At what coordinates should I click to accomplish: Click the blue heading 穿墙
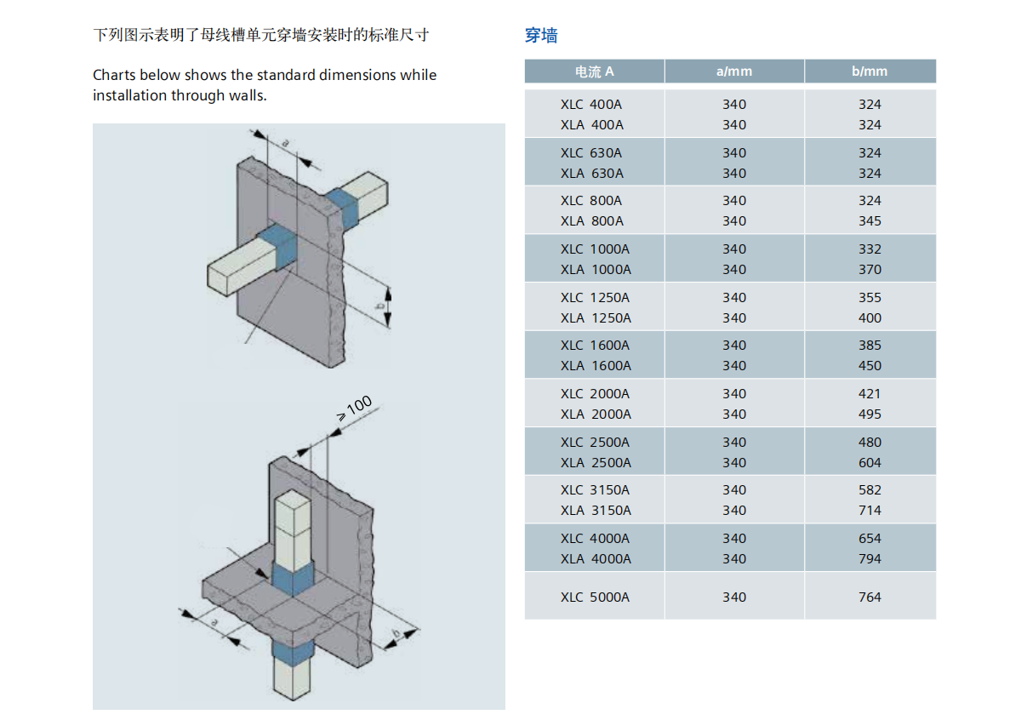pyautogui.click(x=541, y=36)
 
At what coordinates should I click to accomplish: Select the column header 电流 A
pyautogui.click(x=594, y=71)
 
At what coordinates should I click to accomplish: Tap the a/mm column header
pyautogui.click(x=734, y=71)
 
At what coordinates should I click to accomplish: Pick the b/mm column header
pyautogui.click(x=870, y=71)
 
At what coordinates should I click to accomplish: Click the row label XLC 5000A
pyautogui.click(x=595, y=597)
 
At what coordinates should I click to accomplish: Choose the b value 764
pyautogui.click(x=870, y=597)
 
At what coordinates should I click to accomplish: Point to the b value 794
pyautogui.click(x=870, y=559)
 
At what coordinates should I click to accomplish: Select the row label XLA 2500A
pyautogui.click(x=596, y=463)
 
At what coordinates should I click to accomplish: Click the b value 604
pyautogui.click(x=870, y=463)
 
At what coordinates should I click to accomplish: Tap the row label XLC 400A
pyautogui.click(x=591, y=105)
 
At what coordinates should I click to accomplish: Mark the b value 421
pyautogui.click(x=870, y=394)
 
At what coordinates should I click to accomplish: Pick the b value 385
pyautogui.click(x=870, y=346)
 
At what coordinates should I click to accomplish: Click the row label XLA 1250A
pyautogui.click(x=596, y=318)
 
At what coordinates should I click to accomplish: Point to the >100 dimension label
pyautogui.click(x=354, y=409)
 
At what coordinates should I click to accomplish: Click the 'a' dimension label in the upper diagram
pyautogui.click(x=286, y=142)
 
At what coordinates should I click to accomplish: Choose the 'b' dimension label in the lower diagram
pyautogui.click(x=396, y=634)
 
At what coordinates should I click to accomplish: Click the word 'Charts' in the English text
pyautogui.click(x=114, y=75)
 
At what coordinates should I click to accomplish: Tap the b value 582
pyautogui.click(x=870, y=490)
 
